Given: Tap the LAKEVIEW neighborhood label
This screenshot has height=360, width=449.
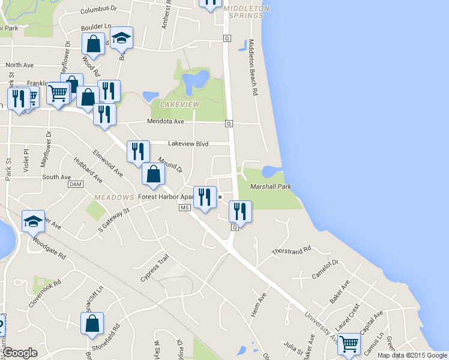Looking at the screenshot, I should tap(179, 104).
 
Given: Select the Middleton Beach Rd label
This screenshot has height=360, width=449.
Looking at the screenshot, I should tap(252, 68).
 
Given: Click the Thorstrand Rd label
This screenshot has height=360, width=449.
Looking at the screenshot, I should tap(291, 249).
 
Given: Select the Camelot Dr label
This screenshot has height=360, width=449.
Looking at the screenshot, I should tap(325, 269).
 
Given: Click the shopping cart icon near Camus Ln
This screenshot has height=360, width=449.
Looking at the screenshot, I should tap(349, 344).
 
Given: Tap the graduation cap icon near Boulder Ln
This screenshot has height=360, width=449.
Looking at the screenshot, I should tap(122, 38).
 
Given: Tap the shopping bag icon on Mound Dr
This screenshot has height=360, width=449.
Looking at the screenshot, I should tap(153, 174).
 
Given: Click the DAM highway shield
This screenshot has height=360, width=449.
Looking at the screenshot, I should tap(75, 184).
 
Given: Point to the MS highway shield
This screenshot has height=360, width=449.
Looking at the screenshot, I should tap(184, 208).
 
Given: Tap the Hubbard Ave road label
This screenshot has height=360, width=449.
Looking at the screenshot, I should tap(88, 170).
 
